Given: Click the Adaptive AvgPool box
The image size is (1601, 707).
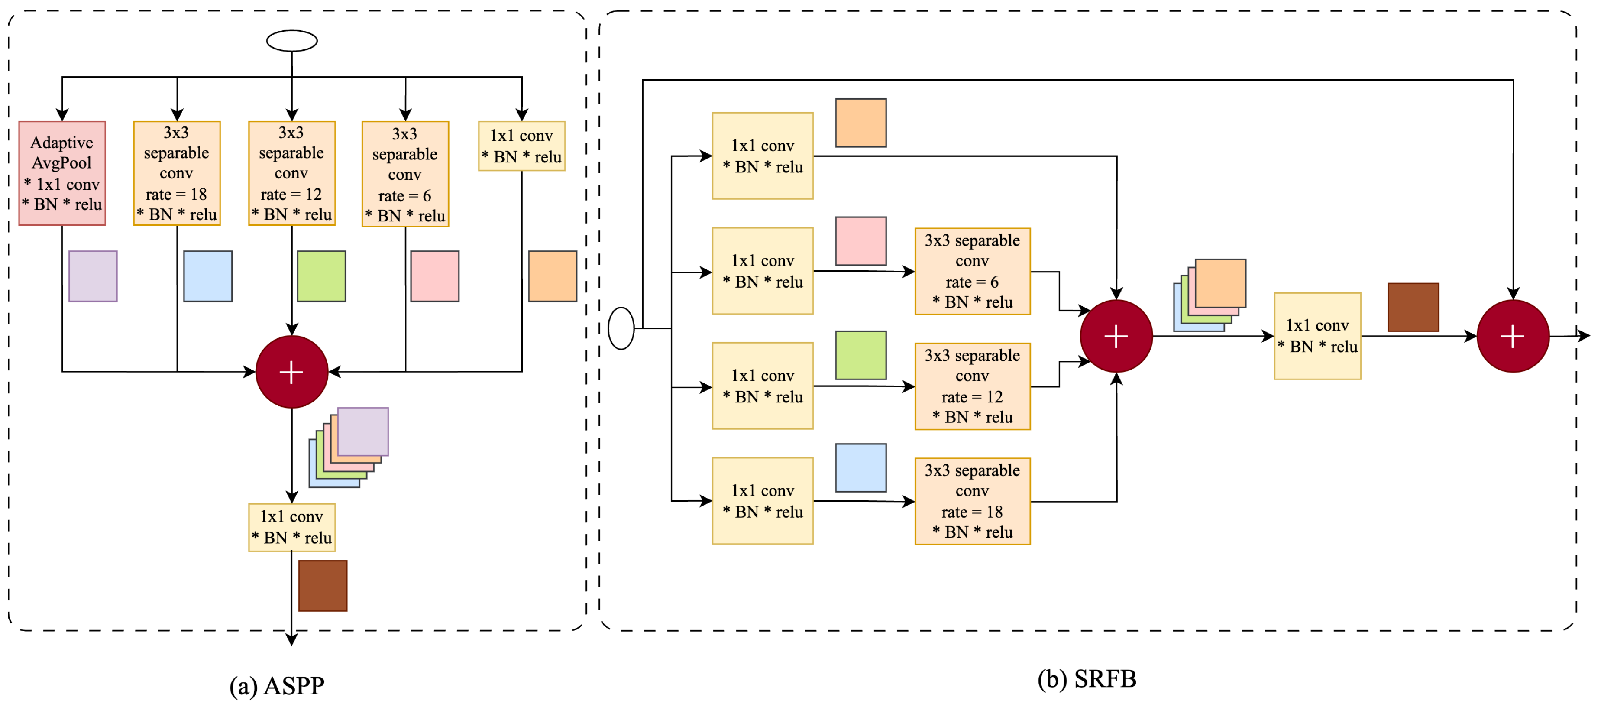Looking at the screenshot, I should coord(62,173).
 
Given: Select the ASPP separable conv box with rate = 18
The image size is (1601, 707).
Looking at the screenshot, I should coord(177,173).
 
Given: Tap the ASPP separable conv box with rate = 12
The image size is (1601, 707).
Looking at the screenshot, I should coord(291,173).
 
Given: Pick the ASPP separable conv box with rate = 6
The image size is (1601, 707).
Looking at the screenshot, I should coord(405,174).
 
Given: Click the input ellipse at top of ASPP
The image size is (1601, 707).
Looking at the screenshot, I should coord(291,41).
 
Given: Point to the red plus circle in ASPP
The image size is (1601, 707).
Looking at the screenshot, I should coord(291,372).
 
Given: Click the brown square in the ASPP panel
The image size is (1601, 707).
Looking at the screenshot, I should coord(323,585).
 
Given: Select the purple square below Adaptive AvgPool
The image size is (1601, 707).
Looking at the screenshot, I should coord(93,276).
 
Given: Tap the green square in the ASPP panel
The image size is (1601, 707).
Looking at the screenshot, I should coord(321,276).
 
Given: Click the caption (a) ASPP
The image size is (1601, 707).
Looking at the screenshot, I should coord(277,685).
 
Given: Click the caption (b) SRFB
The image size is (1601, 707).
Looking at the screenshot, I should coord(1087,678).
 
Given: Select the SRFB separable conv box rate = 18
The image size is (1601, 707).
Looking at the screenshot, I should coord(972,501).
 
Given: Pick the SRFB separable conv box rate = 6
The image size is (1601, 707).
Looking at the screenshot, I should coord(972,271).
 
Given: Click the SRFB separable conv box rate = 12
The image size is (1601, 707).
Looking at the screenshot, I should coord(972,386).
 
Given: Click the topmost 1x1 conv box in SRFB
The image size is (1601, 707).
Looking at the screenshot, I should coord(763,156).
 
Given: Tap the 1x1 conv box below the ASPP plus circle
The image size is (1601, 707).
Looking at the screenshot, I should coord(291,527).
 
